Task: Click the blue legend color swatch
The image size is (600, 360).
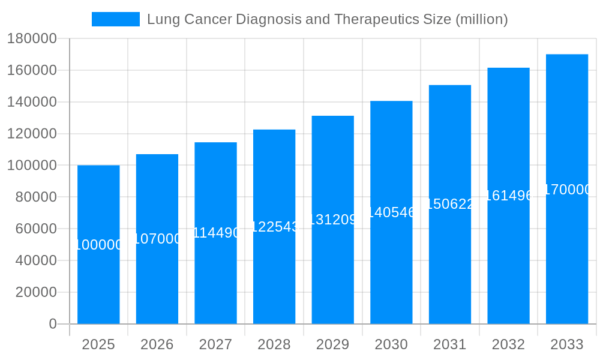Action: [115, 19]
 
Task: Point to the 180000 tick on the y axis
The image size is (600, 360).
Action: [32, 39]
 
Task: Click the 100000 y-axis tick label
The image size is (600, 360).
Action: [32, 166]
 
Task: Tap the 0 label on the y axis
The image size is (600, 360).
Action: [53, 324]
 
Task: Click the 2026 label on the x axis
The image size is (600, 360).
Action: [157, 344]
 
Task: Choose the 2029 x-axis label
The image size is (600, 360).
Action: [332, 344]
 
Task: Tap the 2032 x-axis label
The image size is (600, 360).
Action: [508, 344]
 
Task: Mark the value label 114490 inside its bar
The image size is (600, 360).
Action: [215, 233]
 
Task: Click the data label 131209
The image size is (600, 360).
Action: [332, 220]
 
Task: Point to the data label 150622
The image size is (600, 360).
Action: [450, 204]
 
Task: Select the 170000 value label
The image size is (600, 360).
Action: [566, 190]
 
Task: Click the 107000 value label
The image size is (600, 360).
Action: [157, 239]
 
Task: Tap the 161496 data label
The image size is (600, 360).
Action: [508, 196]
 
